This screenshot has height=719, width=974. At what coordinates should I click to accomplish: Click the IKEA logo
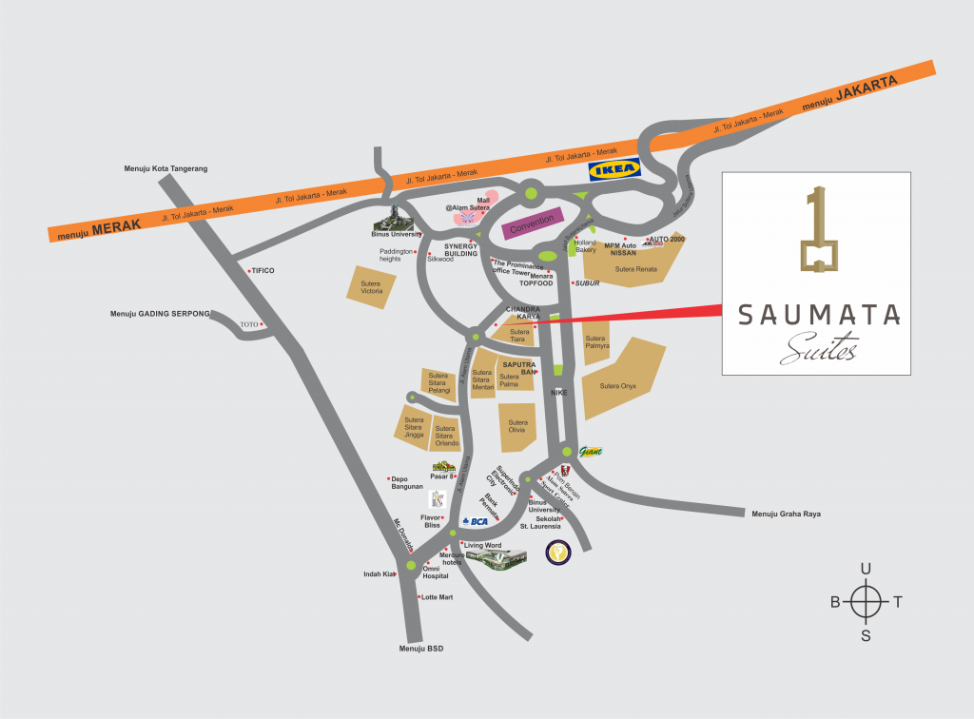click(x=614, y=170)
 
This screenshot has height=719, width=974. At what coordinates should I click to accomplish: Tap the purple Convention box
click(x=533, y=225)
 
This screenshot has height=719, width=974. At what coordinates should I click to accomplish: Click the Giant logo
click(x=590, y=452)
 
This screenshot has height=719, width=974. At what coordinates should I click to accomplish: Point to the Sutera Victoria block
click(x=371, y=286)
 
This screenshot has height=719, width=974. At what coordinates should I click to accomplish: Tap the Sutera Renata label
click(x=636, y=269)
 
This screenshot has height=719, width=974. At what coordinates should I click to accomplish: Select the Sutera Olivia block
click(x=517, y=426)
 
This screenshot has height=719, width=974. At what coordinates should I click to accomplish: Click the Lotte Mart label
click(x=437, y=597)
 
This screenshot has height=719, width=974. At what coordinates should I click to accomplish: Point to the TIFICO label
click(x=263, y=271)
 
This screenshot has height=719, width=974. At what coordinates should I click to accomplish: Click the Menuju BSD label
click(x=421, y=649)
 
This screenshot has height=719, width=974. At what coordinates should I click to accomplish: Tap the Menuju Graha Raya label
click(x=785, y=515)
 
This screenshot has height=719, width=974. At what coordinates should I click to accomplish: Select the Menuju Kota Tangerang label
click(x=166, y=168)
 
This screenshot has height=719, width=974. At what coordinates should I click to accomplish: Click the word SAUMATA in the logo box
click(x=815, y=315)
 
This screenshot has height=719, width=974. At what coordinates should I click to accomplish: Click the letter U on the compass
click(x=866, y=569)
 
